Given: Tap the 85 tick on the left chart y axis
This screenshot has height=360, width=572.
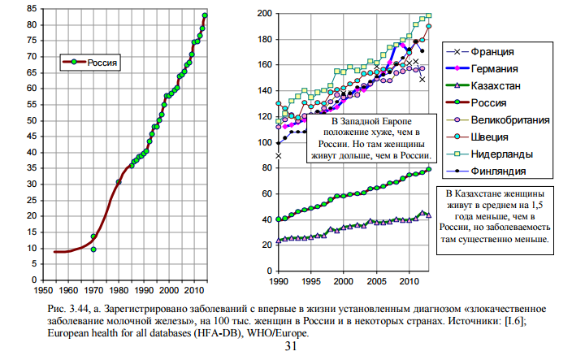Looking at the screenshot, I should [29, 9].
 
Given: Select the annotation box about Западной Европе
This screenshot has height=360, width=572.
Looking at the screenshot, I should [372, 137].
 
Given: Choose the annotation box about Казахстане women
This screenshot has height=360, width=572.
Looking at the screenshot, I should [498, 217].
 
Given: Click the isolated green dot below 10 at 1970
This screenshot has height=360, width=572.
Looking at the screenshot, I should [93, 249].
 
